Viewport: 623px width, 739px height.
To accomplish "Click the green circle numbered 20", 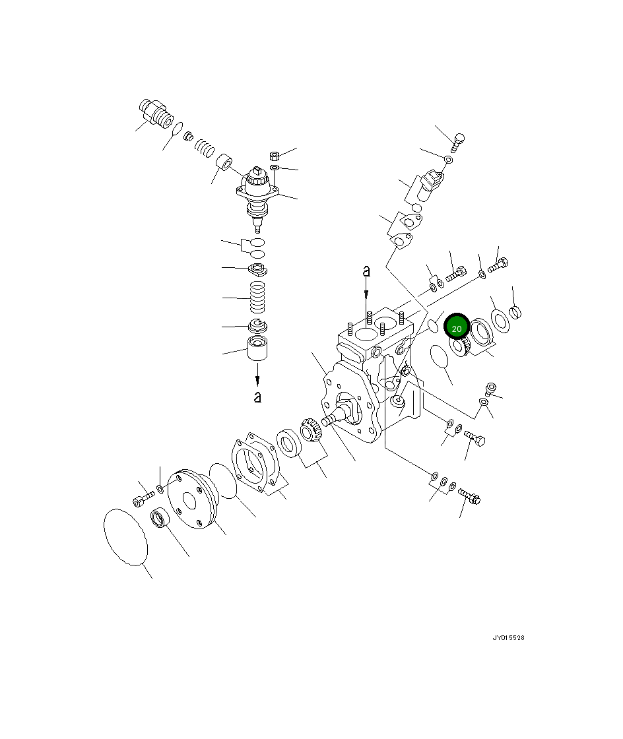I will [457, 327].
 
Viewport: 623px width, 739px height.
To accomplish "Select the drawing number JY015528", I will [508, 638].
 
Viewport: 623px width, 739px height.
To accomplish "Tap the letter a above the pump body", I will [366, 271].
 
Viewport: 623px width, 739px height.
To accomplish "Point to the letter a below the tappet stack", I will [257, 397].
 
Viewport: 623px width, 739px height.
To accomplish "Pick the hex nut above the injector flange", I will [275, 156].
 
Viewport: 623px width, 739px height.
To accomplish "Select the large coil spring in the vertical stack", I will [258, 298].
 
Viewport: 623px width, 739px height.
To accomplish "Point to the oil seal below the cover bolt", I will [160, 519].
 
